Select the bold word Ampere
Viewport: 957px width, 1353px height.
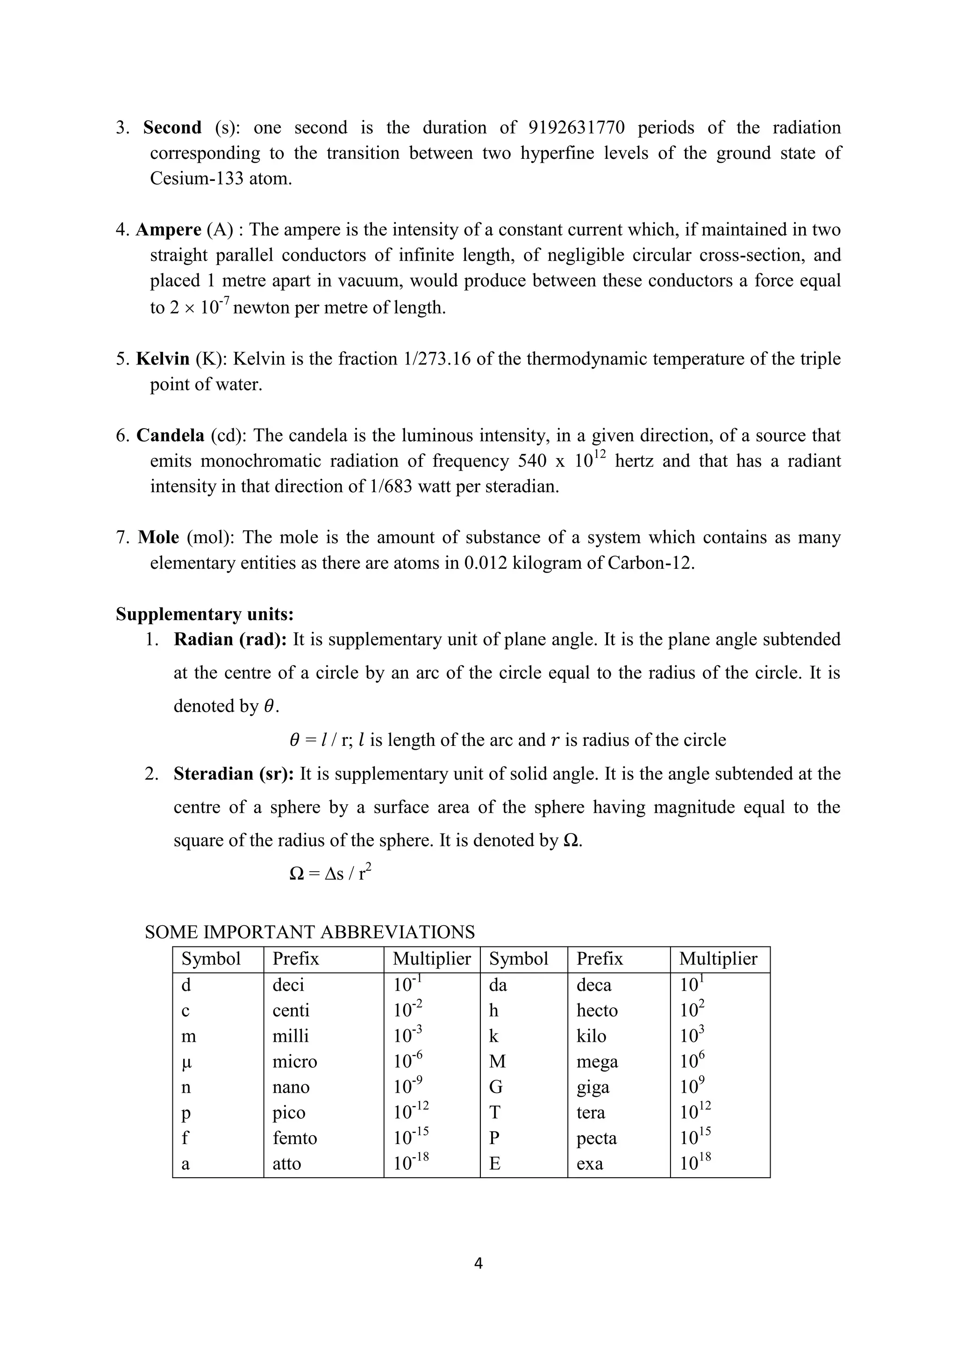169,230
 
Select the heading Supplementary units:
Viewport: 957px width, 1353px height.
205,615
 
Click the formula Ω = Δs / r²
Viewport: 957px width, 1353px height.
330,873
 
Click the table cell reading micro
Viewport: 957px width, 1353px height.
295,1062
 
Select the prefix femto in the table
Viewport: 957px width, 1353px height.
295,1138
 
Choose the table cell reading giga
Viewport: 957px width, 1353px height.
593,1087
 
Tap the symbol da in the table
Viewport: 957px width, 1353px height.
498,985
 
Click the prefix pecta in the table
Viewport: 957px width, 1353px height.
596,1138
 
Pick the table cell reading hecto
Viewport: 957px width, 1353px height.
597,1010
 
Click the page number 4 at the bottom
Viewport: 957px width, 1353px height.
478,1263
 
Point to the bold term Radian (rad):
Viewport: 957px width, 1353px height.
230,640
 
